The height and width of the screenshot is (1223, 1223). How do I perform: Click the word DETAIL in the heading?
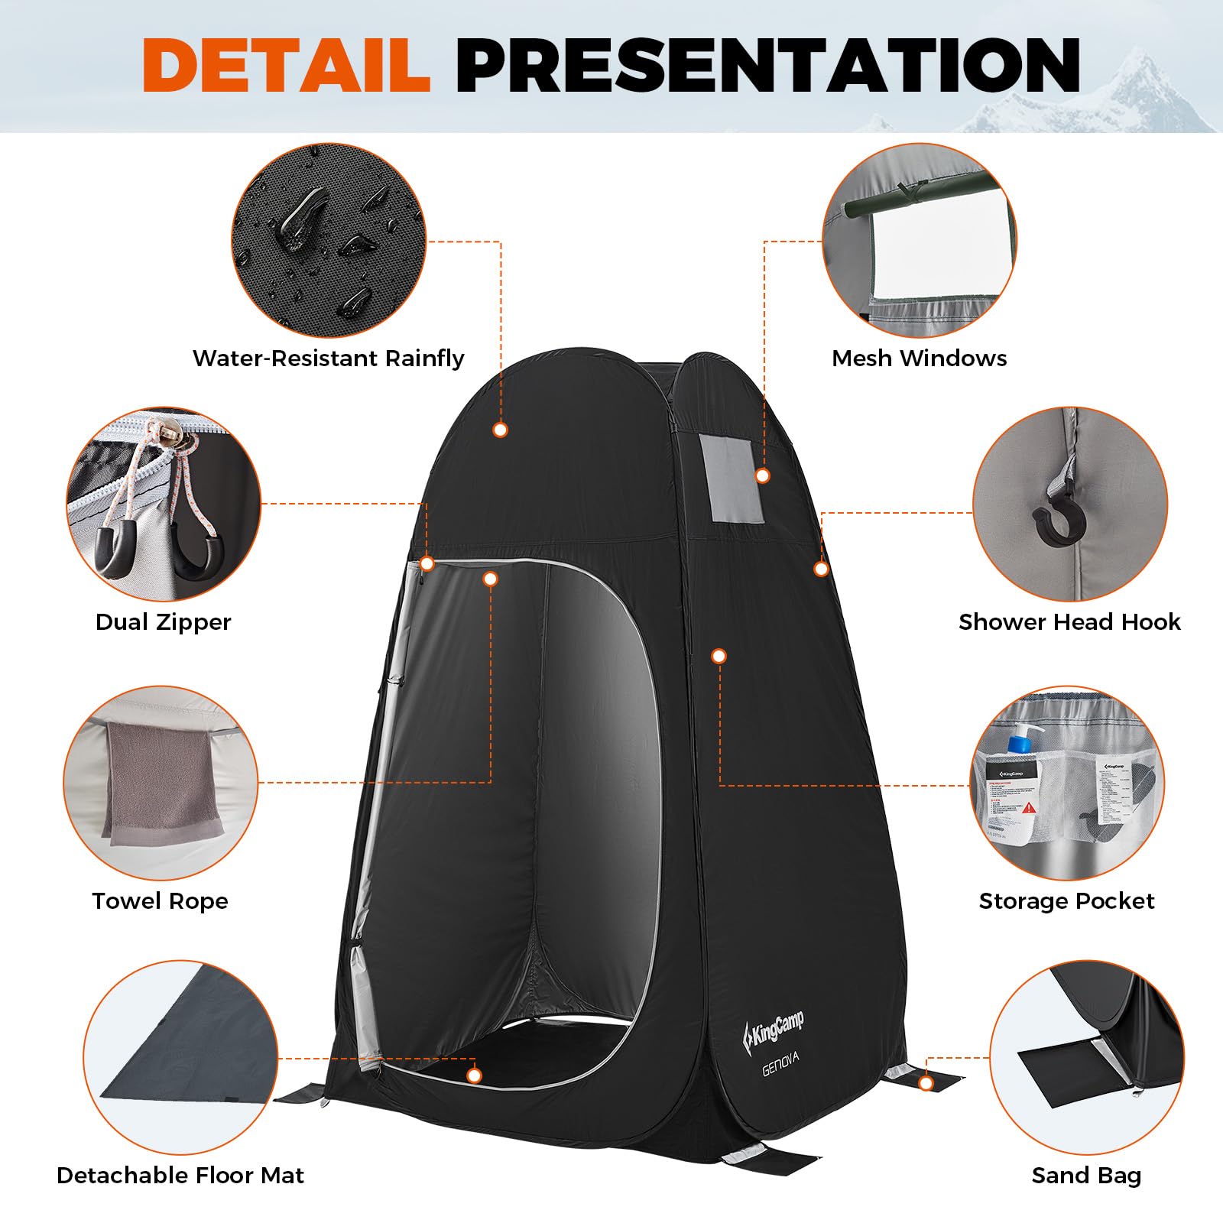[287, 66]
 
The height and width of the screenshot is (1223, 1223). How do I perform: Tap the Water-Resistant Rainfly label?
[328, 358]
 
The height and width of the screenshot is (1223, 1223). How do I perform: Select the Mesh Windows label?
[919, 358]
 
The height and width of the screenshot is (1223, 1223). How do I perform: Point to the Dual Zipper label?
[163, 621]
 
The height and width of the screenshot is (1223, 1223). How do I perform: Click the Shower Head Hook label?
[1069, 621]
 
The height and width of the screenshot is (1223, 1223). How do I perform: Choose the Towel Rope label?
[160, 900]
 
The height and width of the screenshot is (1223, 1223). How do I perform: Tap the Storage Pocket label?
[1066, 900]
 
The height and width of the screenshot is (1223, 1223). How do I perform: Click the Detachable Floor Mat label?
[180, 1175]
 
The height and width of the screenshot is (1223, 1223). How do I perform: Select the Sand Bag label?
[1086, 1175]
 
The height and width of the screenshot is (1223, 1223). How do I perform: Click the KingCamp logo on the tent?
[774, 1029]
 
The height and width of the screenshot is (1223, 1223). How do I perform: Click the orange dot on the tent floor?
[475, 1076]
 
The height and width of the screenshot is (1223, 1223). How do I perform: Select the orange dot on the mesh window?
[761, 475]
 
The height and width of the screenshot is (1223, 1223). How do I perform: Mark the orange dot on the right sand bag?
[926, 1083]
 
